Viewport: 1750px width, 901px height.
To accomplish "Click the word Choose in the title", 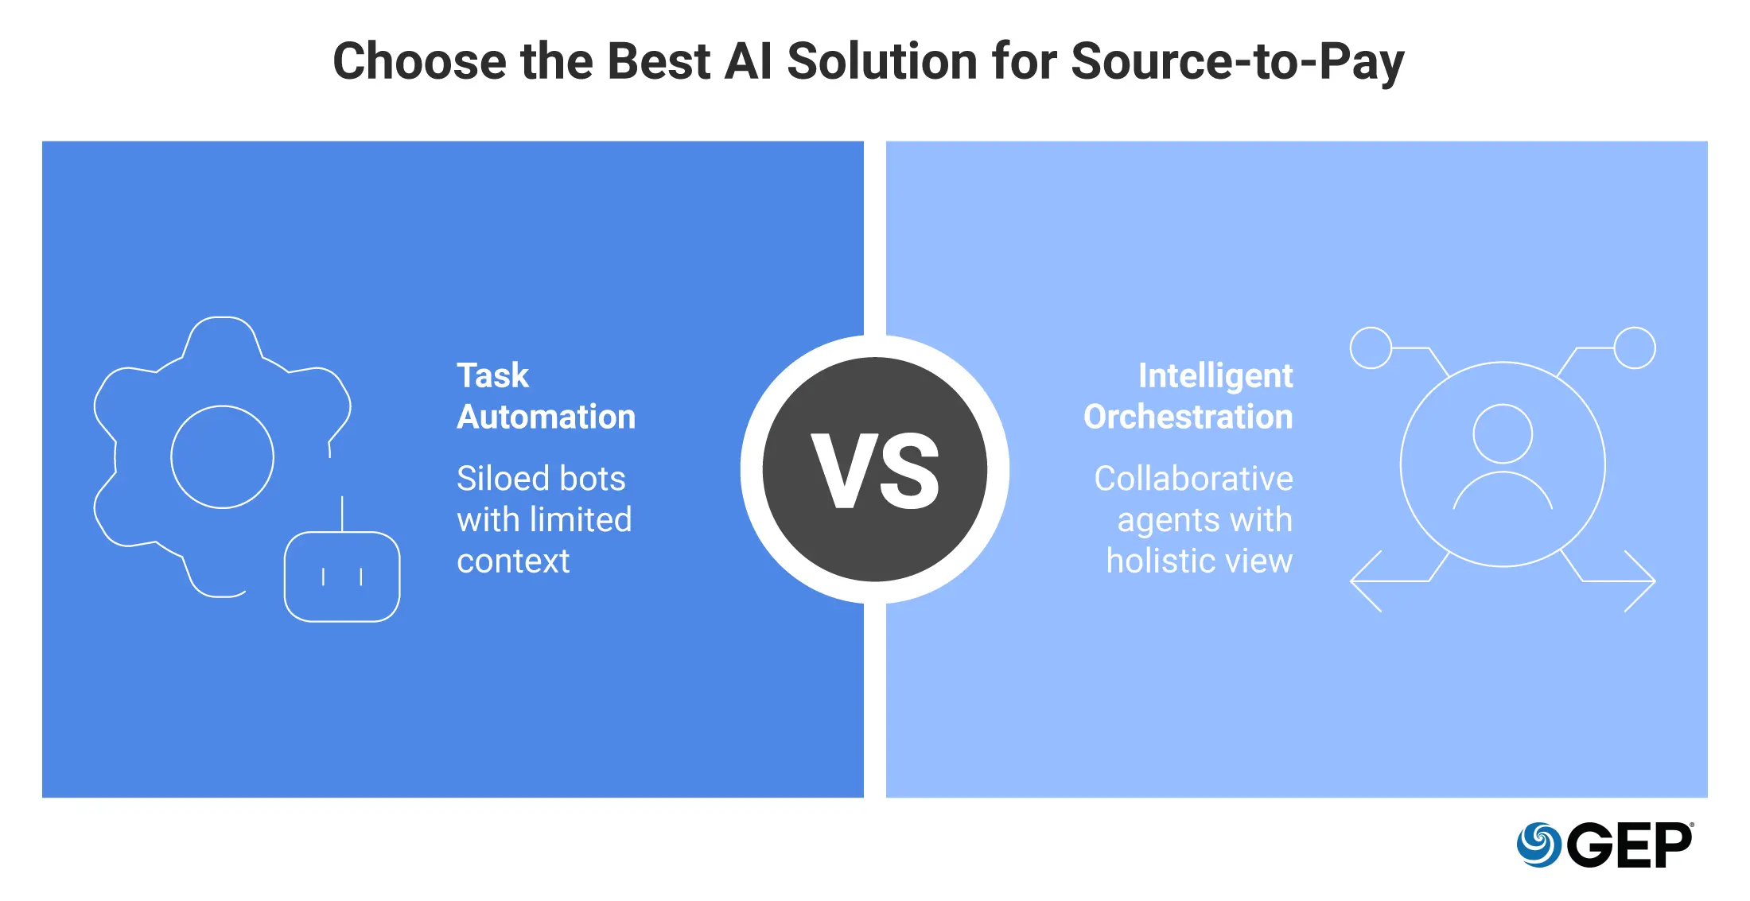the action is point(419,61).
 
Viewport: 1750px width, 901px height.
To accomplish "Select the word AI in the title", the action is point(749,61).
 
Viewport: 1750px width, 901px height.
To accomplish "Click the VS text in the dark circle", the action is point(875,471).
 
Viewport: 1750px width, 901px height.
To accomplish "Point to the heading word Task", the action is point(492,375).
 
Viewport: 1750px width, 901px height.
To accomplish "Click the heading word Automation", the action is point(546,417).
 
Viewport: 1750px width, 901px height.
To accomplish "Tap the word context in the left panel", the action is point(513,561).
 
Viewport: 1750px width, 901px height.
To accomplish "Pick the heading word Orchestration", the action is point(1188,417).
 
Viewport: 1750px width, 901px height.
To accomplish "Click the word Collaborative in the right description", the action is point(1194,479).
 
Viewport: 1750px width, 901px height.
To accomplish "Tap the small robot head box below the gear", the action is point(342,534).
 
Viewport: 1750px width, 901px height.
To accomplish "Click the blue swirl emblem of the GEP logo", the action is point(1539,845).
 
